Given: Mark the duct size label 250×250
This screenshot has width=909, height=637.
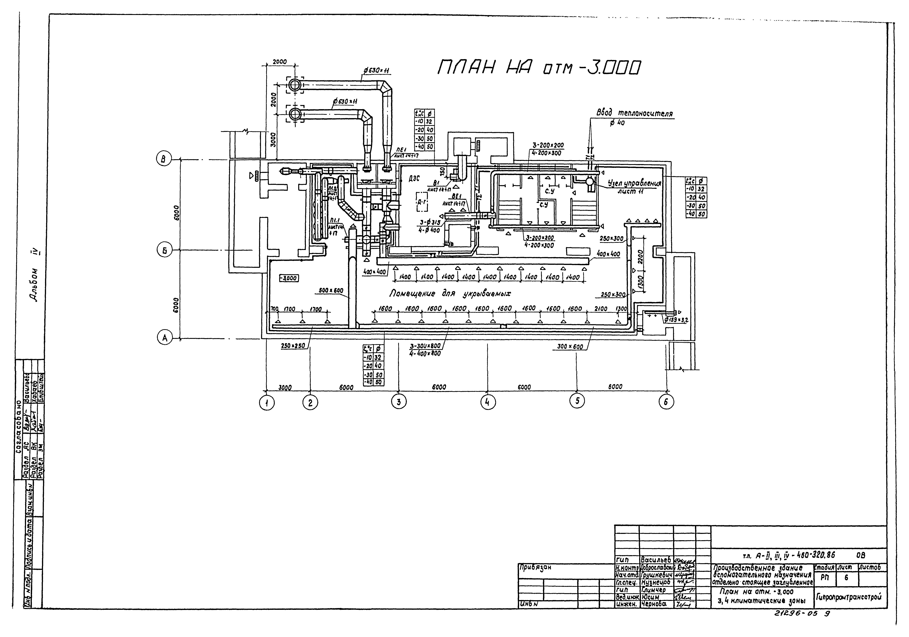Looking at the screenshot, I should (x=293, y=346).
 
